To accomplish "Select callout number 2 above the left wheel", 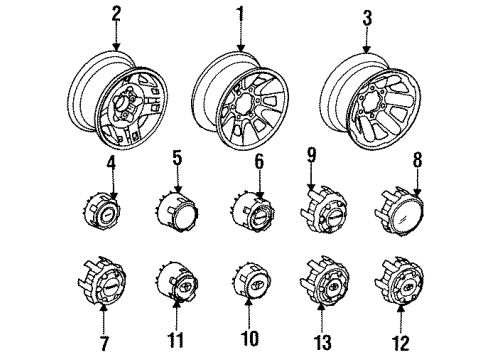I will [x=116, y=13].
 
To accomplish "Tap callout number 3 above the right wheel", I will [x=368, y=18].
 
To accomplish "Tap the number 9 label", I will [x=312, y=155].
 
